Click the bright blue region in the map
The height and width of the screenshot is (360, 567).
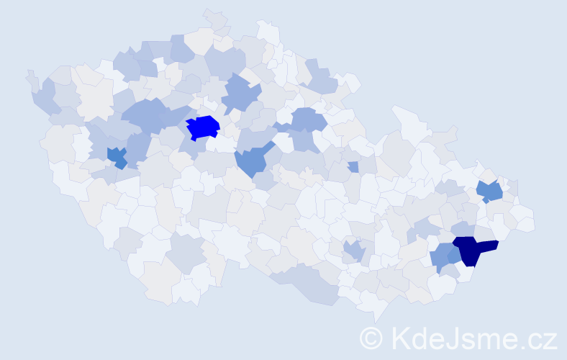tap(203, 127)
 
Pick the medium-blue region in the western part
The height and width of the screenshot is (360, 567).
tap(117, 156)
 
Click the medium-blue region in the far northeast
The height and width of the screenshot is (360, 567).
tap(490, 192)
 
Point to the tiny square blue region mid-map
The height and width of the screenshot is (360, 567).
tap(353, 167)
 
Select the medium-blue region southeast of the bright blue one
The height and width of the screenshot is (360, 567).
tap(252, 161)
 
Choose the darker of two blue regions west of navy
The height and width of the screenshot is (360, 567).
tap(454, 254)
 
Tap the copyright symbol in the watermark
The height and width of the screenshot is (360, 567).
tap(372, 338)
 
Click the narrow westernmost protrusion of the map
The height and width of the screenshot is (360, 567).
tap(30, 76)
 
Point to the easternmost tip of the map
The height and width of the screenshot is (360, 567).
tap(532, 223)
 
